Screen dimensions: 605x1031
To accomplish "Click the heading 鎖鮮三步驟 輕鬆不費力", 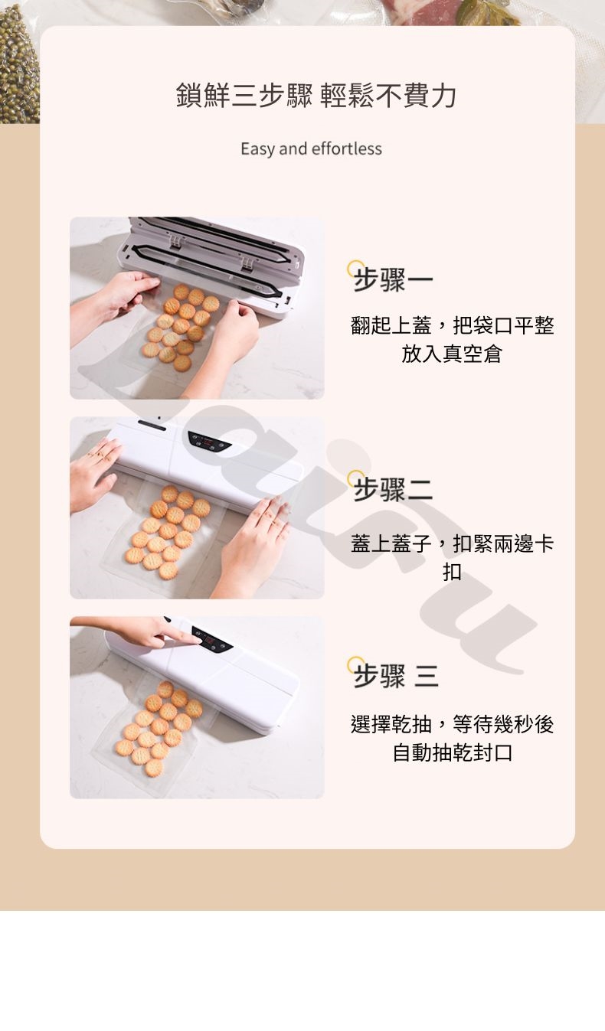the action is click(x=316, y=95).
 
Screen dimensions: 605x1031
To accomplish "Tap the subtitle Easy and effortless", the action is click(x=311, y=148).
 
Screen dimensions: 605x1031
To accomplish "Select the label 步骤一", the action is click(x=393, y=279).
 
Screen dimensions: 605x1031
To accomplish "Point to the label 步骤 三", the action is click(x=396, y=675).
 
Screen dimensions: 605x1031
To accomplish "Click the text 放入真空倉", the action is click(x=451, y=354).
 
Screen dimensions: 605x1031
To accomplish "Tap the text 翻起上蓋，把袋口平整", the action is click(x=452, y=325).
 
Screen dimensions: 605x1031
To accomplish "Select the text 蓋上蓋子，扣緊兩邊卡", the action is click(x=452, y=544).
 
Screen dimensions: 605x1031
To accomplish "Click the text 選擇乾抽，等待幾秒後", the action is click(x=452, y=724).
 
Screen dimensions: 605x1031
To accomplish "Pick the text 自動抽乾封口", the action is click(x=452, y=752).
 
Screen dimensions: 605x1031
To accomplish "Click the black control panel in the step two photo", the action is click(x=208, y=441).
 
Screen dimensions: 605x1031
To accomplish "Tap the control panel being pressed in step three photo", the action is click(x=212, y=639).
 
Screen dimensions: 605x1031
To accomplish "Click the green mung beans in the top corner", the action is click(x=18, y=64).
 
